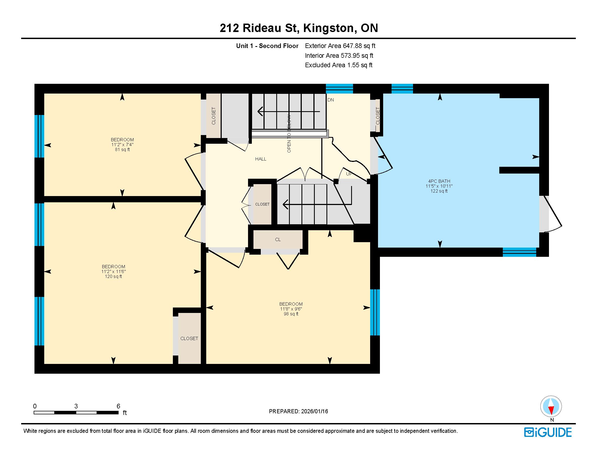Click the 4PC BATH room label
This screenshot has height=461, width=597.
point(439,181)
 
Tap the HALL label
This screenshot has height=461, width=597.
point(261,159)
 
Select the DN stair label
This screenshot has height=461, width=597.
point(331,100)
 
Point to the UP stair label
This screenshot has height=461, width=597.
point(349,174)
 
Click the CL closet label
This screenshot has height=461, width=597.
point(278,239)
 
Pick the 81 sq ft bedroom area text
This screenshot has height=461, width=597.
point(122,150)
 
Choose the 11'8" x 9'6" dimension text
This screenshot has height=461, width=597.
point(291,309)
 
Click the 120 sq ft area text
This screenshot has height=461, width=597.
point(113,276)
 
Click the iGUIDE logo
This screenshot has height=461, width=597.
point(548,433)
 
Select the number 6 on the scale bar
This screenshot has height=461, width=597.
point(118,406)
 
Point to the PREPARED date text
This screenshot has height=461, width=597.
point(298,411)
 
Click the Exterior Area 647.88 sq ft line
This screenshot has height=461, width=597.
point(340,46)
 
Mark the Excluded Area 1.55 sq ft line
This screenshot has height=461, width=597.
point(339,65)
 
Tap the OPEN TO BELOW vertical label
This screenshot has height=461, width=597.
point(289,134)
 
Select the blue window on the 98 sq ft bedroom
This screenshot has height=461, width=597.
point(375,312)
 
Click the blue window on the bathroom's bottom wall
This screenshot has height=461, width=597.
point(519,252)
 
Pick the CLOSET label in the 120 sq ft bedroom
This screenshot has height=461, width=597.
point(189,338)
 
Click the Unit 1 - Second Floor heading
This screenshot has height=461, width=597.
point(267,46)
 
